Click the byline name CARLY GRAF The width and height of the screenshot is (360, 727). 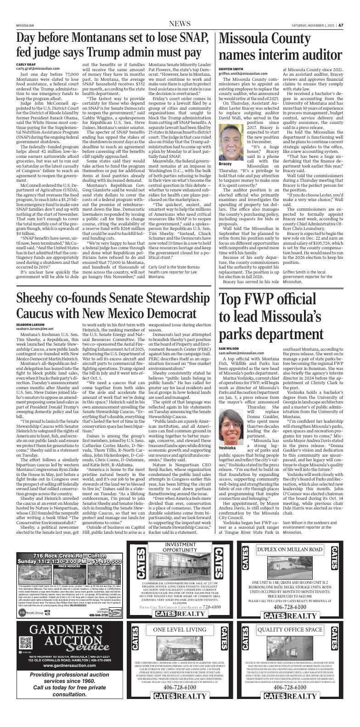coord(26,64)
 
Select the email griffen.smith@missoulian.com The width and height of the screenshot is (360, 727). coord(243,73)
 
